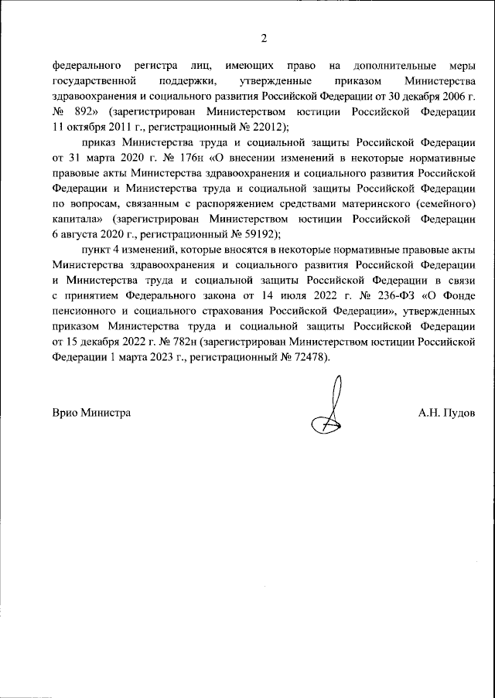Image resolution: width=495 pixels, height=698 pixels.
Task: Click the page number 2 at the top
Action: pyautogui.click(x=263, y=38)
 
